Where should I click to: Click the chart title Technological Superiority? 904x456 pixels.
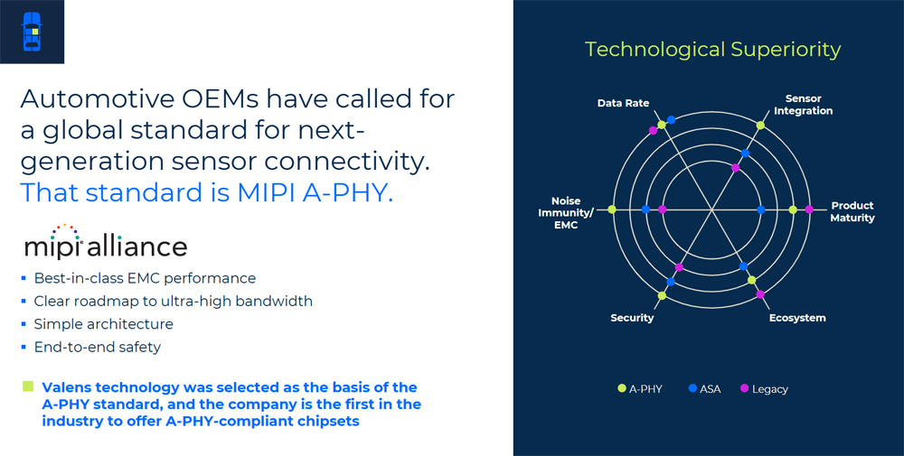tap(712, 50)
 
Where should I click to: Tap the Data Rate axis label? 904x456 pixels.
tap(623, 104)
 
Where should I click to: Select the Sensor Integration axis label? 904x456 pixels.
tap(803, 105)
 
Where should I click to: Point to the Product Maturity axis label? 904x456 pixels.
tap(852, 212)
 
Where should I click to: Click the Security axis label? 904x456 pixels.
tap(632, 318)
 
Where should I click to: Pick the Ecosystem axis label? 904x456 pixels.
tap(797, 318)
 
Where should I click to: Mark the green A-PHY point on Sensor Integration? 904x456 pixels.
tap(760, 125)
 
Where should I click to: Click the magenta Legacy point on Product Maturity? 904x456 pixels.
tap(809, 209)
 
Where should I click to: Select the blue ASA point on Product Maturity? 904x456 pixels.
tap(760, 209)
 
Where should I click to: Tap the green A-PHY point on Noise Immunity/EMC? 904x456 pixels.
tap(612, 209)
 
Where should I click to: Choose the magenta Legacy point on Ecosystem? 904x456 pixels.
tap(760, 294)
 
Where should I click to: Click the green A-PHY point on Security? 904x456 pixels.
tap(662, 295)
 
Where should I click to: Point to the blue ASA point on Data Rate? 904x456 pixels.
tap(671, 120)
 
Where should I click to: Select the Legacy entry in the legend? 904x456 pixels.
tap(764, 388)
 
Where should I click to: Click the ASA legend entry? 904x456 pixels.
tap(704, 388)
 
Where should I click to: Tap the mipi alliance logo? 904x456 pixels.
tap(106, 241)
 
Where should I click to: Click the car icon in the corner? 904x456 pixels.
tap(32, 32)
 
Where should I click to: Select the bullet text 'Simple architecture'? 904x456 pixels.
tap(103, 324)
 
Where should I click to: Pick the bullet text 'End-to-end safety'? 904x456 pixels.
tap(97, 347)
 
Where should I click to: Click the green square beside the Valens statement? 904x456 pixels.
tap(28, 386)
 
